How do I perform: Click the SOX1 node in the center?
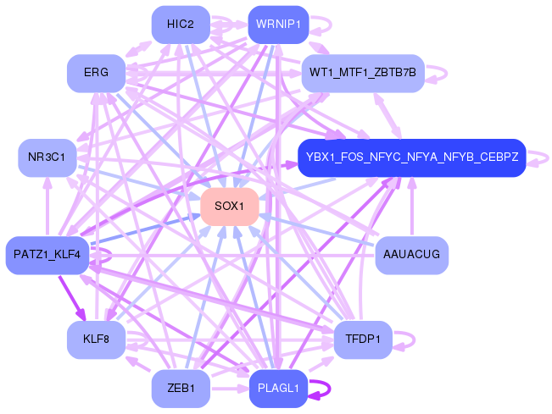click(x=229, y=207)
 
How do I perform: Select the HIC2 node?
click(x=181, y=25)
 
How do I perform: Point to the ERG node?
click(x=96, y=73)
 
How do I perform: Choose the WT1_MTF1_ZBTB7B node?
click(x=362, y=73)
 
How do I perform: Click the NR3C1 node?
click(x=47, y=157)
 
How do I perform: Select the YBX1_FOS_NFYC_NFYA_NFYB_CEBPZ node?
click(x=412, y=157)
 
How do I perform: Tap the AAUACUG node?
click(x=411, y=255)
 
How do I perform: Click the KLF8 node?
click(x=96, y=340)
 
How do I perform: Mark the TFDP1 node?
click(x=362, y=340)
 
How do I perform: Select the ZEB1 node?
click(x=181, y=389)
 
